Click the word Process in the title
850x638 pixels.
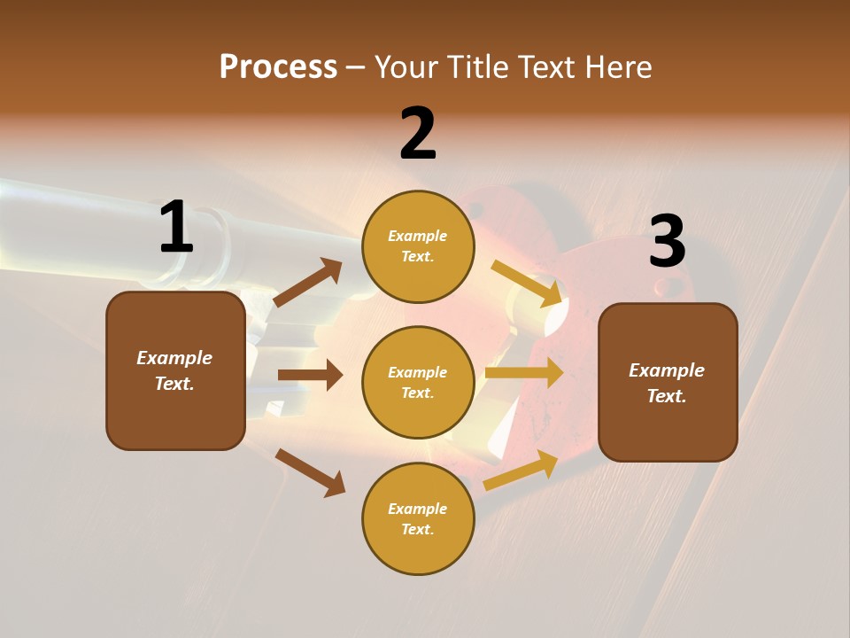[278, 66]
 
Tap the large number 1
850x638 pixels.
[176, 227]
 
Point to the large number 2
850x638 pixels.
[418, 134]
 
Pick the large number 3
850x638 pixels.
[667, 241]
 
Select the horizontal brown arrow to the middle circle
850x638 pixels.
[310, 375]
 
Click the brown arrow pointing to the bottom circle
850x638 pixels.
[311, 472]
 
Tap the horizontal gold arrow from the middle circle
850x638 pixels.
[524, 373]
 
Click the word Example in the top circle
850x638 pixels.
[418, 236]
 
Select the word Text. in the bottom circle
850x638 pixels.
[418, 529]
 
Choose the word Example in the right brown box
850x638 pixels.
[667, 370]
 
